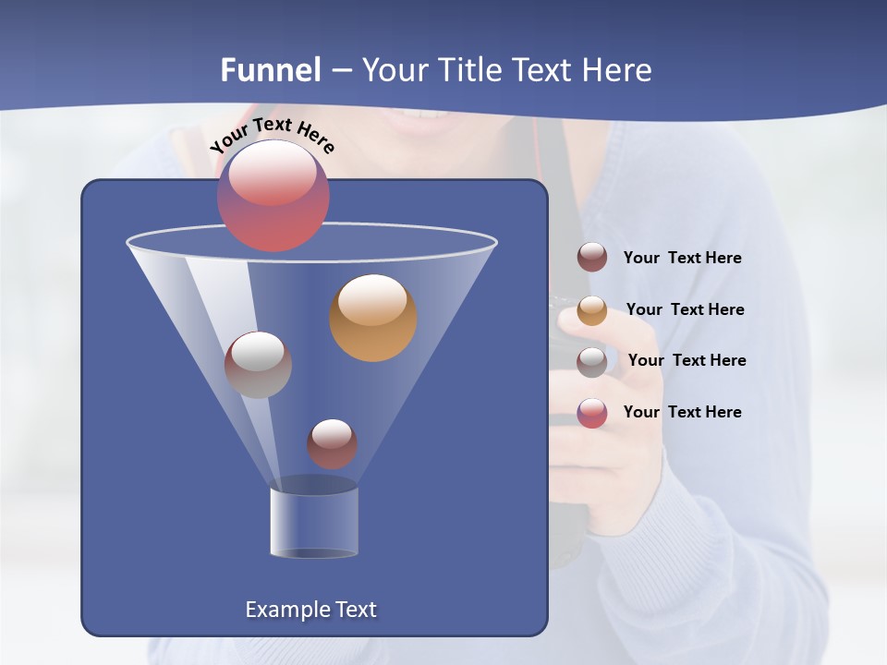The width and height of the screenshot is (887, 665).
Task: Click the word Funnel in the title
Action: pyautogui.click(x=271, y=70)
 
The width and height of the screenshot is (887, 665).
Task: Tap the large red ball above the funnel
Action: pyautogui.click(x=273, y=196)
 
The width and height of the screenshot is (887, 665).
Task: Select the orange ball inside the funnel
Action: pyautogui.click(x=373, y=318)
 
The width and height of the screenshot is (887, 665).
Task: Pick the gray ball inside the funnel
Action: pyautogui.click(x=258, y=365)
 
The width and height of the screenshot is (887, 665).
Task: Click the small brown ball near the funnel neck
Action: pyautogui.click(x=332, y=444)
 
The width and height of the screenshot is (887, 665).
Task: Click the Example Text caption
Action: pyautogui.click(x=311, y=610)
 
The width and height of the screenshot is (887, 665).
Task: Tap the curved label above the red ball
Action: pyautogui.click(x=272, y=135)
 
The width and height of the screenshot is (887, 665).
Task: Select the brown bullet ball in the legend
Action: pyautogui.click(x=592, y=258)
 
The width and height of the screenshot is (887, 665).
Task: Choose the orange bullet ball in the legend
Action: pyautogui.click(x=592, y=310)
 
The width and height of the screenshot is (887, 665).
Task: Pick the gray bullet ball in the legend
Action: pyautogui.click(x=592, y=362)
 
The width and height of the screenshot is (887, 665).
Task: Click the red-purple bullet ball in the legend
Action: pyautogui.click(x=592, y=413)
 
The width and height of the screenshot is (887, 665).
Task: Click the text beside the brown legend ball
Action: pyautogui.click(x=682, y=259)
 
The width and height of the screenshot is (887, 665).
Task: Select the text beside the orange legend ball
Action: pyautogui.click(x=685, y=309)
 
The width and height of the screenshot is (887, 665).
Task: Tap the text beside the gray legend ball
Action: pyautogui.click(x=687, y=360)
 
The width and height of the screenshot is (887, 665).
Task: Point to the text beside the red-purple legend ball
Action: pyautogui.click(x=682, y=412)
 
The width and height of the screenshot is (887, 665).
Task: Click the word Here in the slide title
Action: pyautogui.click(x=620, y=70)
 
